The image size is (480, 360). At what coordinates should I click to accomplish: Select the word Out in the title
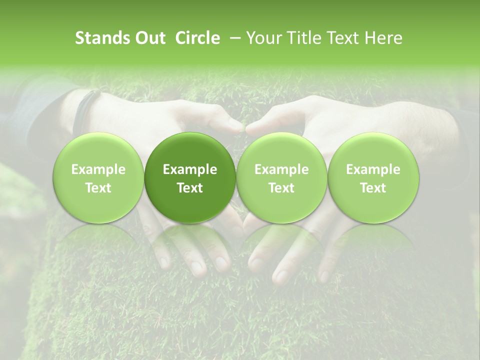click(148, 38)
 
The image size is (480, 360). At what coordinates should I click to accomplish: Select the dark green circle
click(190, 178)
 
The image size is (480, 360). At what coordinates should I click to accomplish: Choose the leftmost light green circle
click(98, 178)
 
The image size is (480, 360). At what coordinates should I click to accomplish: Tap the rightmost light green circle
click(373, 178)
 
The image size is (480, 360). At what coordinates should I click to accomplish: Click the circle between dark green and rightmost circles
click(281, 178)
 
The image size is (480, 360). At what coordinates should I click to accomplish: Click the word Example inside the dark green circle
click(190, 169)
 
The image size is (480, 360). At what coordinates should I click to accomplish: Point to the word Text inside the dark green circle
click(190, 187)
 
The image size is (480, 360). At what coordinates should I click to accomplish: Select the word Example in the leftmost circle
click(98, 169)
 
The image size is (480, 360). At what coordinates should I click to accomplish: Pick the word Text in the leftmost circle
click(98, 187)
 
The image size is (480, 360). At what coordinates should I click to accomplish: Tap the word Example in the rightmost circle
click(373, 169)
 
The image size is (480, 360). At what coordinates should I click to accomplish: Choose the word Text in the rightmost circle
click(373, 187)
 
